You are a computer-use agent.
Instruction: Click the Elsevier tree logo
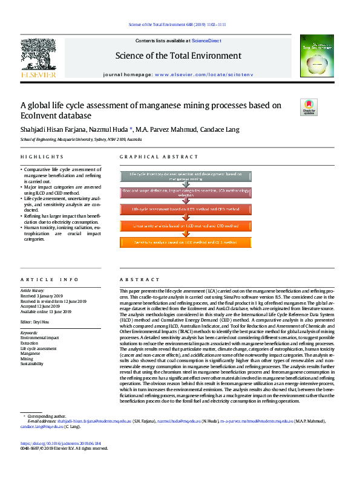pyautogui.click(x=38, y=57)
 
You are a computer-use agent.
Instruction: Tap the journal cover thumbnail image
pyautogui.click(x=317, y=55)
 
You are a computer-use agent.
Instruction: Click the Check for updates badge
pyautogui.click(x=309, y=107)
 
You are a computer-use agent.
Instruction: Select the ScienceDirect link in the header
pyautogui.click(x=205, y=41)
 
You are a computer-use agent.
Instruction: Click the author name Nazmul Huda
pyautogui.click(x=106, y=129)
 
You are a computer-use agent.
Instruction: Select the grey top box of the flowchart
pyautogui.click(x=186, y=177)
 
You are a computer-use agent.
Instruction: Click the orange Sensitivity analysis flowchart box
pyautogui.click(x=186, y=242)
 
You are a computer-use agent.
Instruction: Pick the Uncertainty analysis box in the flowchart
pyautogui.click(x=186, y=225)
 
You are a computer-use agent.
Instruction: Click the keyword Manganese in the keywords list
pyautogui.click(x=31, y=354)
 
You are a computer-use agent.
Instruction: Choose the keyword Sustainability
pyautogui.click(x=32, y=364)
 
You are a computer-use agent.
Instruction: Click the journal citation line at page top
pyautogui.click(x=177, y=25)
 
